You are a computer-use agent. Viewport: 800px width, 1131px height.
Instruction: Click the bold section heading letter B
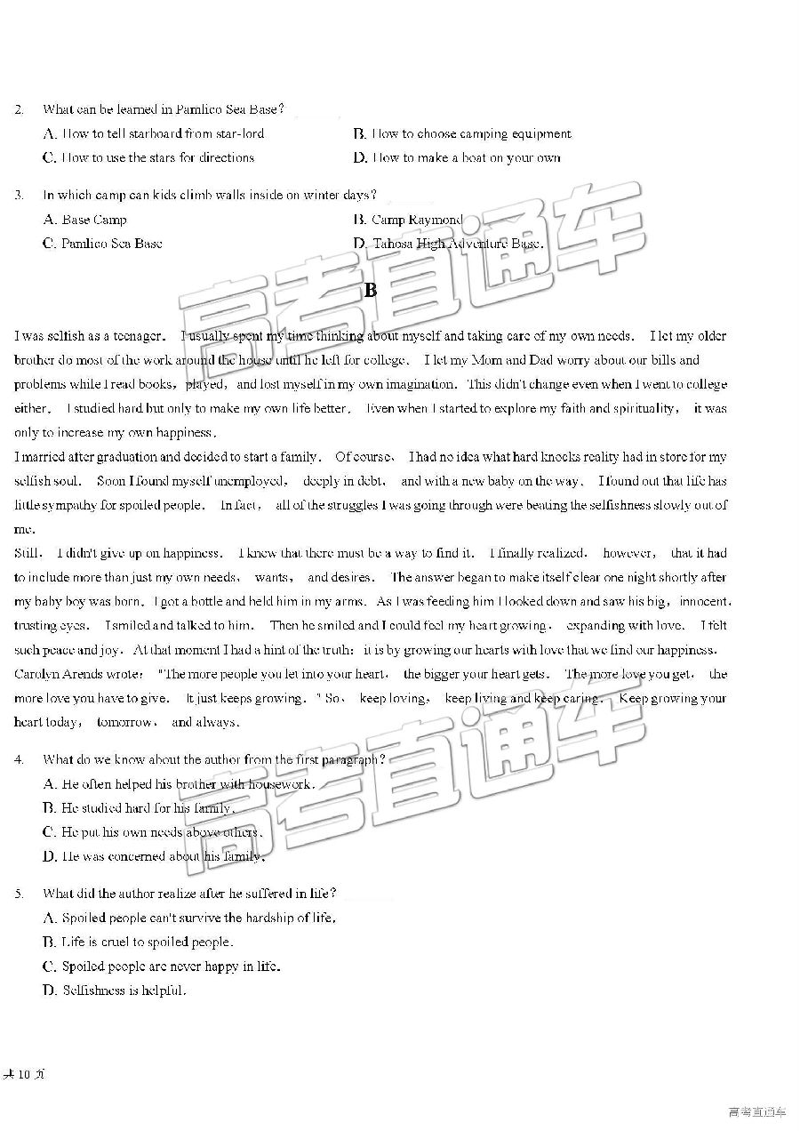pyautogui.click(x=371, y=290)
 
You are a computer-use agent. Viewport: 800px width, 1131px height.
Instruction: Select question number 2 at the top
pyautogui.click(x=18, y=110)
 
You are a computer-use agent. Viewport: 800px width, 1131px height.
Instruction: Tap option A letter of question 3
pyautogui.click(x=49, y=220)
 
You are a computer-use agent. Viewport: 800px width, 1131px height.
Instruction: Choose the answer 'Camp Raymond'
pyautogui.click(x=417, y=220)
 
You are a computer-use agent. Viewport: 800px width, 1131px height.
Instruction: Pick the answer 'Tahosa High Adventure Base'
pyautogui.click(x=457, y=244)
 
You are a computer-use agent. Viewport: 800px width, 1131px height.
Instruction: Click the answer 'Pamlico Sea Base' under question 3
pyautogui.click(x=111, y=244)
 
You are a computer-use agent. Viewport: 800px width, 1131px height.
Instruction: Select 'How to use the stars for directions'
pyautogui.click(x=158, y=158)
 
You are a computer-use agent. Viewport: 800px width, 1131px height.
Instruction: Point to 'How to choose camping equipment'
pyautogui.click(x=471, y=134)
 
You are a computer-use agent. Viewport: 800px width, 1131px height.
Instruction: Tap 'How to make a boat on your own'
pyautogui.click(x=467, y=158)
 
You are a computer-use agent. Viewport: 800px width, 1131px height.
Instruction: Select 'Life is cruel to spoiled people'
pyautogui.click(x=148, y=942)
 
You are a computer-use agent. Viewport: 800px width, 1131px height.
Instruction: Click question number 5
pyautogui.click(x=18, y=894)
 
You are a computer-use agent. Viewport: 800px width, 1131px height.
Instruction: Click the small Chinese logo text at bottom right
pyautogui.click(x=757, y=1111)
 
